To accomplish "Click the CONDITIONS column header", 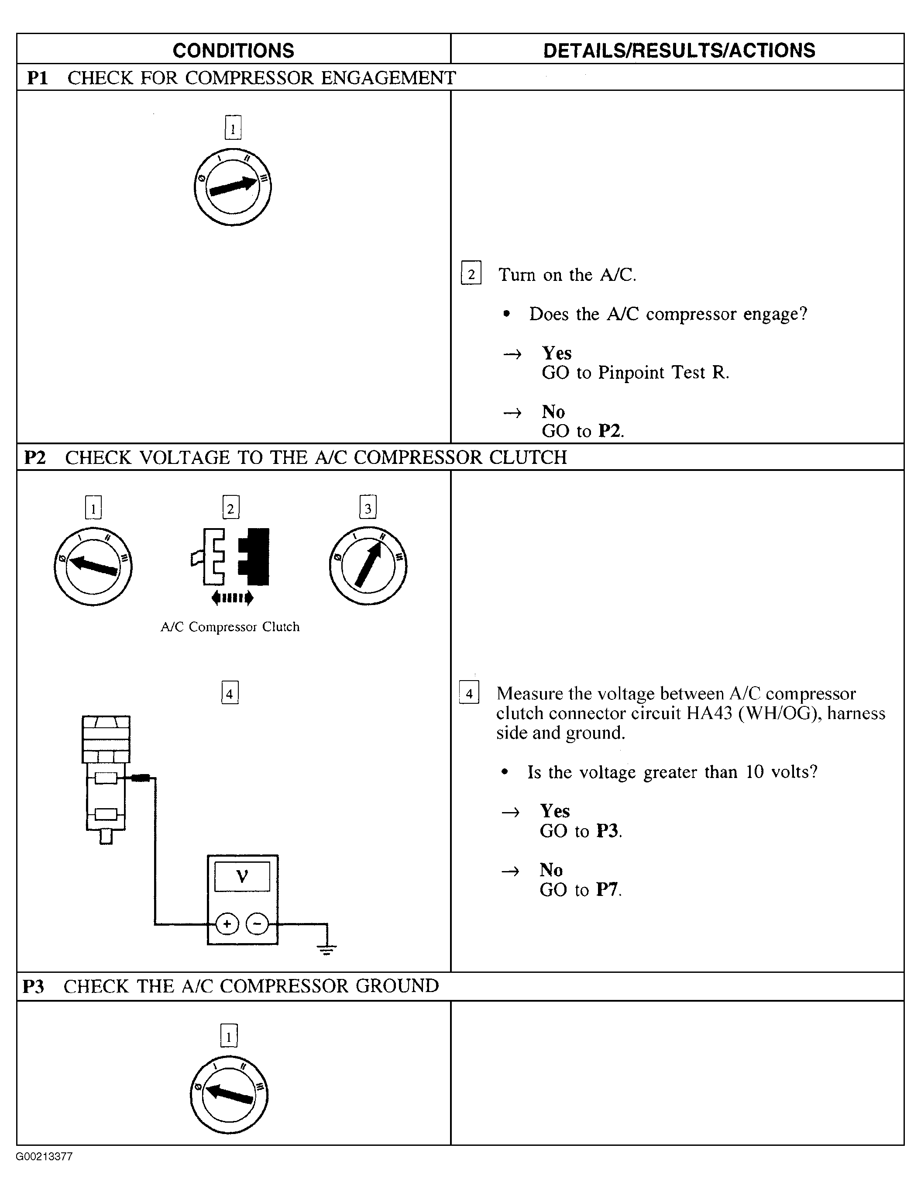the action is pos(233,51).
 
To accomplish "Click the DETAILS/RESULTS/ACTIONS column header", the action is pos(679,51).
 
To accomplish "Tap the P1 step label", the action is pos(38,78).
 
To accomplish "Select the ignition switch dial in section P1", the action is pos(233,187).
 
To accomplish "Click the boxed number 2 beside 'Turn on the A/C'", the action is pos(471,273).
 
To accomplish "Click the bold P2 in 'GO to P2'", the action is pos(610,431).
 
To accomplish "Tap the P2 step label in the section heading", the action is pos(35,457).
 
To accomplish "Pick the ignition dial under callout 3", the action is pos(368,566).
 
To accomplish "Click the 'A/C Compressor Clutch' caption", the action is pos(230,626).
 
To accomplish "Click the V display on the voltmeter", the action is pos(242,877).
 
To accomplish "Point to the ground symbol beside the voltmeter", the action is pos(326,949).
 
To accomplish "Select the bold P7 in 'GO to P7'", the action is pos(608,890).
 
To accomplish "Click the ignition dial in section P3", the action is pos(229,1095).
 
